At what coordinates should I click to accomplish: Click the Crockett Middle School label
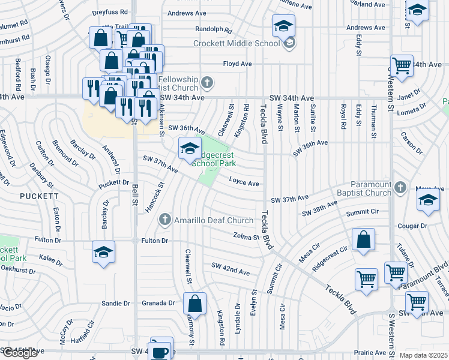pos(237,43)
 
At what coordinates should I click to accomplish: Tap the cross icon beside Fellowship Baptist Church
pos(206,82)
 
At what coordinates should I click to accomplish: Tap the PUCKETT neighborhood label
pos(39,196)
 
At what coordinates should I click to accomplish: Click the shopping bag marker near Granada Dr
pos(194,304)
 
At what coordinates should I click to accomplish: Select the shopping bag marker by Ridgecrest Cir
pos(364,240)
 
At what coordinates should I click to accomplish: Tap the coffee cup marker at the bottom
pos(160,351)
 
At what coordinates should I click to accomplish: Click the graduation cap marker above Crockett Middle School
pos(283,26)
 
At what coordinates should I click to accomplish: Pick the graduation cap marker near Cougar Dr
pos(428,201)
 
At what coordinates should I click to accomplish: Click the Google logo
pos(19,353)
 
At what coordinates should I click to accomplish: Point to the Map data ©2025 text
pos(423,355)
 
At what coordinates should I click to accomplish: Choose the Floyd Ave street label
pos(237,64)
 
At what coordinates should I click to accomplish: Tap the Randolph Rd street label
pos(214,29)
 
